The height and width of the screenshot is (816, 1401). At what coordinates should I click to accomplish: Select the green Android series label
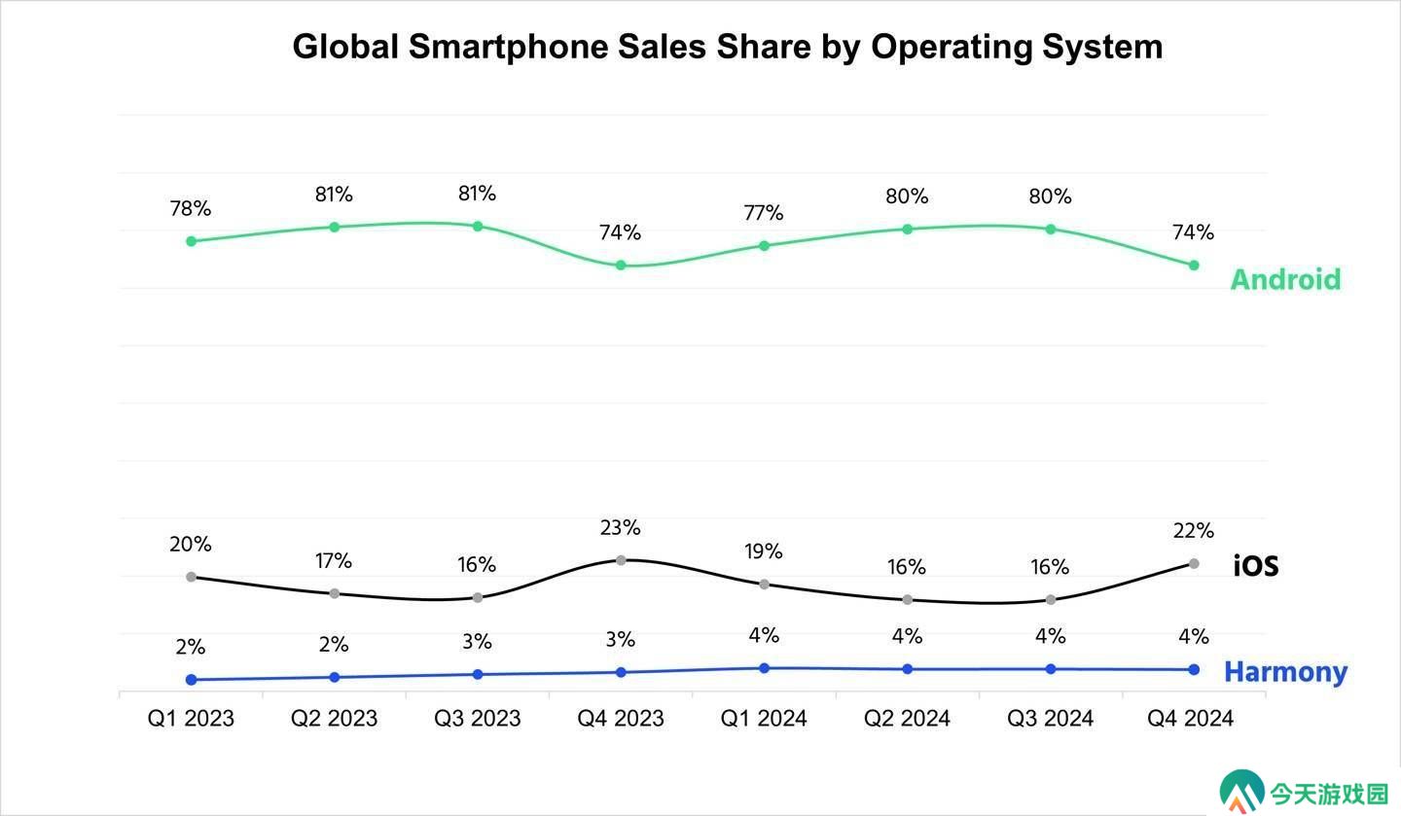tap(1286, 279)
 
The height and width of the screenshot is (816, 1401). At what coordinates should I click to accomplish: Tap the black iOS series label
tap(1255, 566)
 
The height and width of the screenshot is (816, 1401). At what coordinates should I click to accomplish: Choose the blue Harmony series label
tap(1286, 673)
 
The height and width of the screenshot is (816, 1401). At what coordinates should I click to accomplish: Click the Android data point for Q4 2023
tap(621, 266)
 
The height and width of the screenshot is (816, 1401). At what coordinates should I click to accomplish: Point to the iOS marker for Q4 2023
tap(621, 560)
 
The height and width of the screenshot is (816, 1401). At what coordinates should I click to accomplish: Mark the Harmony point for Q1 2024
tap(764, 668)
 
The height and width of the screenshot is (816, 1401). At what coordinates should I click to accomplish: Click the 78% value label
tap(191, 208)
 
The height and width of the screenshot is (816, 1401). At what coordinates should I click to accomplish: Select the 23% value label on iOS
tap(621, 528)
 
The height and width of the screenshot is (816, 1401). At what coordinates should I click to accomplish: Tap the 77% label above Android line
tap(764, 213)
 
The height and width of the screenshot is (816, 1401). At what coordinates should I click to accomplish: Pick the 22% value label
tap(1194, 531)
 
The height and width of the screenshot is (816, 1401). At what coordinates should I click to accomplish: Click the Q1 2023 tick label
tap(191, 719)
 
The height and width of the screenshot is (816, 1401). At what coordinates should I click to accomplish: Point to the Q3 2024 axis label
tap(1050, 719)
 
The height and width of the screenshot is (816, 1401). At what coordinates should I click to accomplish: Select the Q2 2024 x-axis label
tap(907, 719)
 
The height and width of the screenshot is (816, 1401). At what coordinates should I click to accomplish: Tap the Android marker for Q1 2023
tap(192, 241)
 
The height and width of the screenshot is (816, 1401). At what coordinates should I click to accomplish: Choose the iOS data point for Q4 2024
tap(1194, 564)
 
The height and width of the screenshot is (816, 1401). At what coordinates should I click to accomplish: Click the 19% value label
tap(764, 551)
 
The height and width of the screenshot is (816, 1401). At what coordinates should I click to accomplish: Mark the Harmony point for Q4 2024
tap(1194, 670)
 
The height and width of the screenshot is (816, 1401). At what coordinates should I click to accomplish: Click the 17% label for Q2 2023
tap(334, 561)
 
